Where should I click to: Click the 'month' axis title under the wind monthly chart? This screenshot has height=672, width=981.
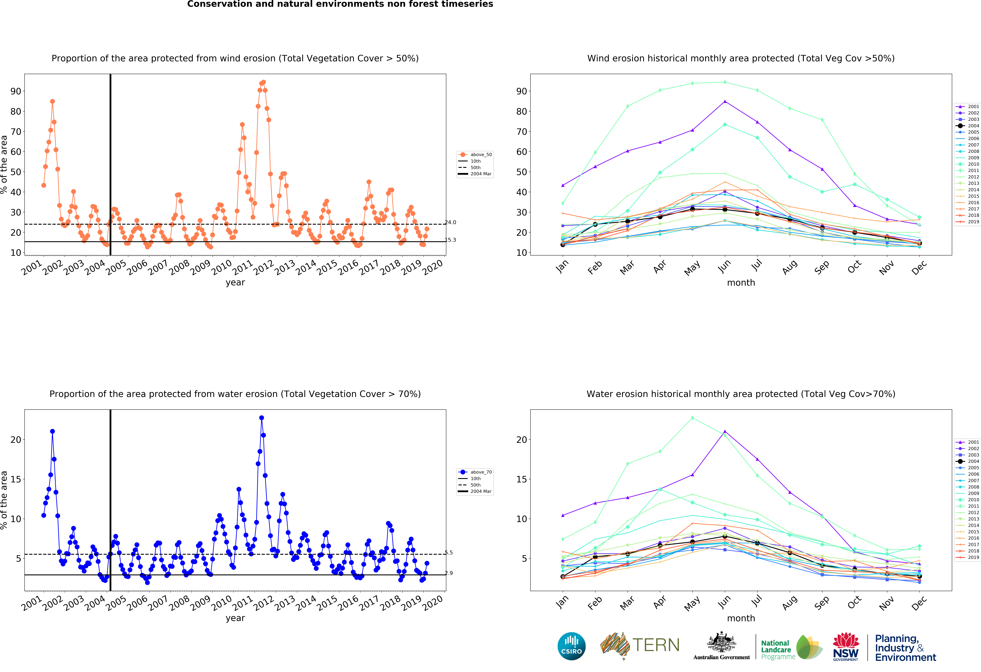click(x=741, y=283)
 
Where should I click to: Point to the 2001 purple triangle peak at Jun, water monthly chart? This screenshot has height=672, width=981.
click(x=725, y=432)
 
